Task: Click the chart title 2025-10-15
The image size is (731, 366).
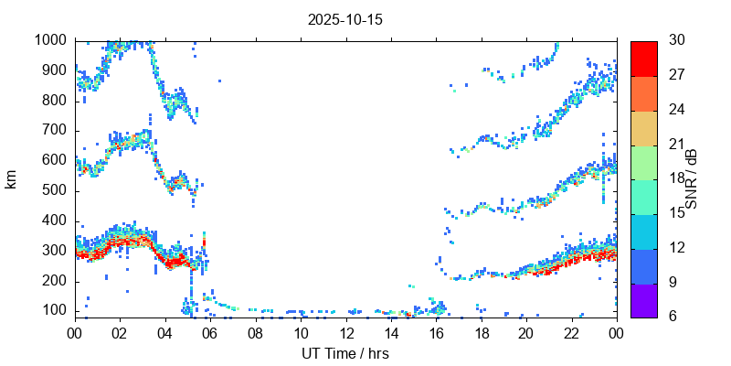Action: tap(344, 19)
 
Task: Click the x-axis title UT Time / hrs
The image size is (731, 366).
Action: tap(344, 353)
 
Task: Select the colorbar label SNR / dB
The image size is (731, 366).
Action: tap(692, 178)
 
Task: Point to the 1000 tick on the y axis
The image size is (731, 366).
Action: tap(51, 40)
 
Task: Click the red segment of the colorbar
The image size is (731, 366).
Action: tap(643, 58)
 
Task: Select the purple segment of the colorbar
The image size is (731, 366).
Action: tap(643, 299)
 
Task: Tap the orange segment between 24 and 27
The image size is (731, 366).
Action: tap(643, 92)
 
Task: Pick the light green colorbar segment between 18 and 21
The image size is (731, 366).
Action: tap(643, 161)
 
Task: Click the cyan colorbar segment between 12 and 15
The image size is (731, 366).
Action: tap(643, 231)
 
